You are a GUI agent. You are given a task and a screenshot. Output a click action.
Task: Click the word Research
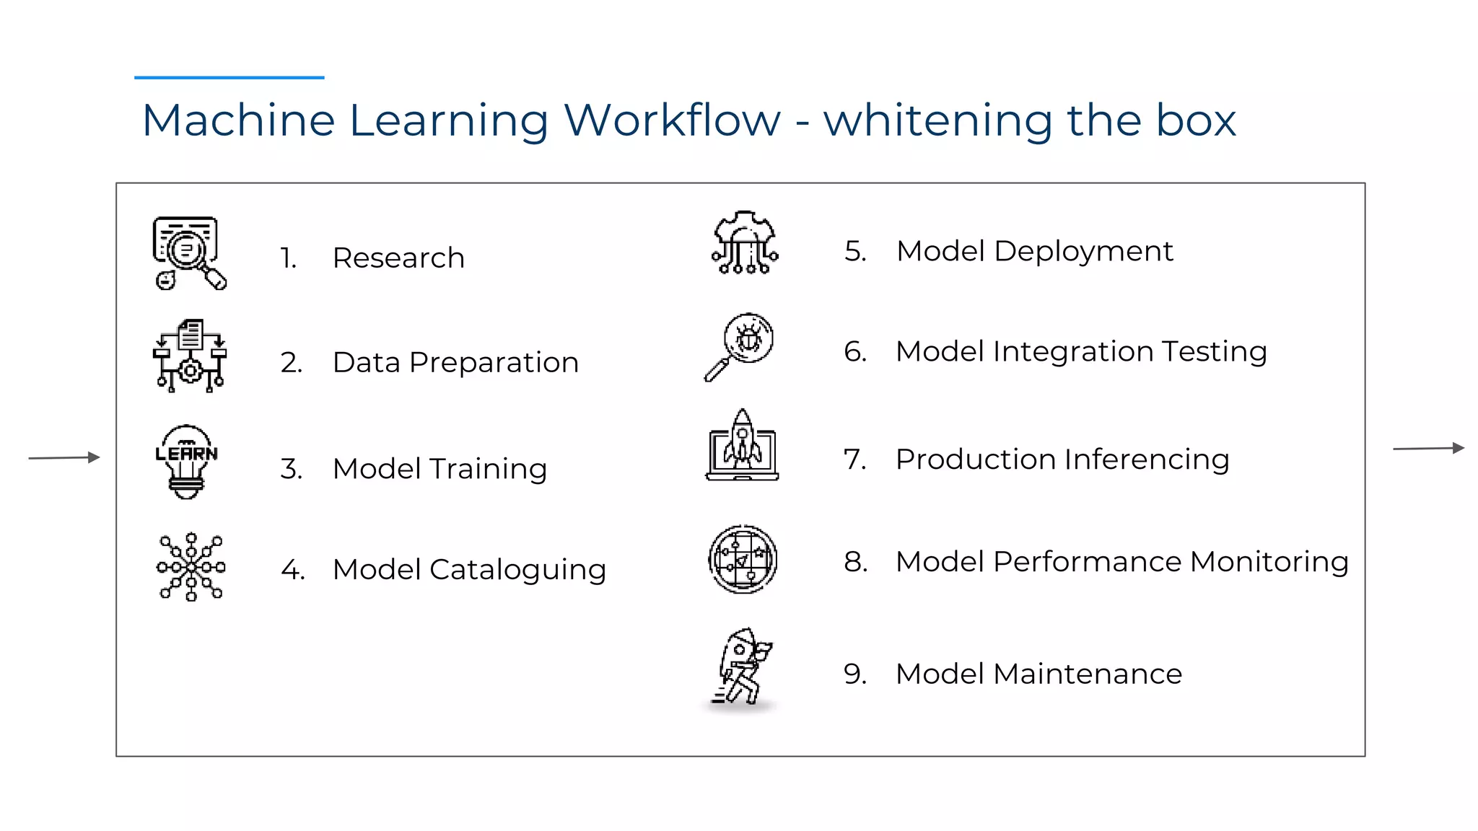tap(398, 258)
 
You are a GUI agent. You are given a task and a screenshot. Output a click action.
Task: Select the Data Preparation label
tap(455, 362)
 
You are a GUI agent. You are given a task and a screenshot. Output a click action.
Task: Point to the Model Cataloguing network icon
tap(191, 567)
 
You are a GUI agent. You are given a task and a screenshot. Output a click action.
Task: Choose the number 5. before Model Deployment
tap(855, 251)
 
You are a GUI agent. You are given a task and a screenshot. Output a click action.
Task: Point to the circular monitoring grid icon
tap(743, 559)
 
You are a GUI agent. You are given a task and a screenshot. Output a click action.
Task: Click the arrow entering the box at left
tap(64, 457)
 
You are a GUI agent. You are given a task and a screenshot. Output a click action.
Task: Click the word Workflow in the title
tap(672, 120)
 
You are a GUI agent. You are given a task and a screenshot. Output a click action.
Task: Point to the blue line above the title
tap(229, 77)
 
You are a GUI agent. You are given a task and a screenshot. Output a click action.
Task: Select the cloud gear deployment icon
tap(745, 243)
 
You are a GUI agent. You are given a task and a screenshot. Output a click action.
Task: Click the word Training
tap(488, 470)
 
